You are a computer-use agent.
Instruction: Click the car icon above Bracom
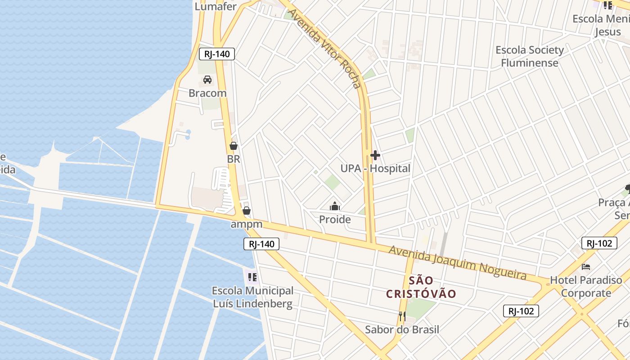(x=207, y=80)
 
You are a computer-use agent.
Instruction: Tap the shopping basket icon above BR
(x=233, y=146)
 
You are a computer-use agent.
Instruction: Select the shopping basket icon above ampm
(x=247, y=210)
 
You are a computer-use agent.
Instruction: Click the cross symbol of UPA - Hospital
(x=375, y=156)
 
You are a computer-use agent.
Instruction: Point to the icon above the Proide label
(x=335, y=206)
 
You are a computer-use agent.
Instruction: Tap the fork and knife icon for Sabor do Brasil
(x=402, y=316)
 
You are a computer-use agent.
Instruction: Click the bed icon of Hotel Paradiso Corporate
(x=586, y=266)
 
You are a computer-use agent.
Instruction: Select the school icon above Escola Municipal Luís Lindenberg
(x=252, y=277)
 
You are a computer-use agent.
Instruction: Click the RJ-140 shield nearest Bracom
(x=217, y=54)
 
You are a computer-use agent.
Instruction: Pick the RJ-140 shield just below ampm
(x=261, y=244)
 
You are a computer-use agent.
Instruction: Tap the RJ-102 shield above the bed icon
(x=599, y=243)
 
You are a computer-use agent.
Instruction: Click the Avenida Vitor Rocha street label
(x=325, y=48)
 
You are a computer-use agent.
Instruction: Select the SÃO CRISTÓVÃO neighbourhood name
(x=422, y=288)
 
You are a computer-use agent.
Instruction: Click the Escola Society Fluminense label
(x=530, y=56)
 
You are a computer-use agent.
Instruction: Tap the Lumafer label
(x=216, y=6)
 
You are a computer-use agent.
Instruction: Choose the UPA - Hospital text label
(x=375, y=169)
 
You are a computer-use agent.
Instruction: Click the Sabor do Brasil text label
(x=402, y=329)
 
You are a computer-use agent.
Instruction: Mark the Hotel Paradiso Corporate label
(x=586, y=287)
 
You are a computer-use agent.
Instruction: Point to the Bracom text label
(x=207, y=93)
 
